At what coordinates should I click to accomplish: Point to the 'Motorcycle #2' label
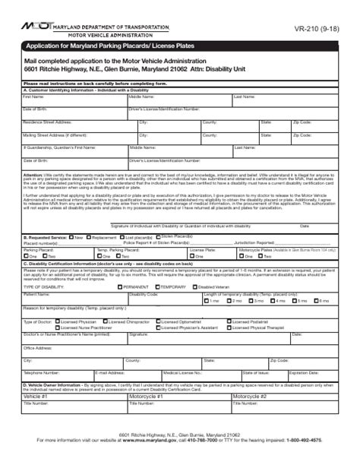250,397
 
